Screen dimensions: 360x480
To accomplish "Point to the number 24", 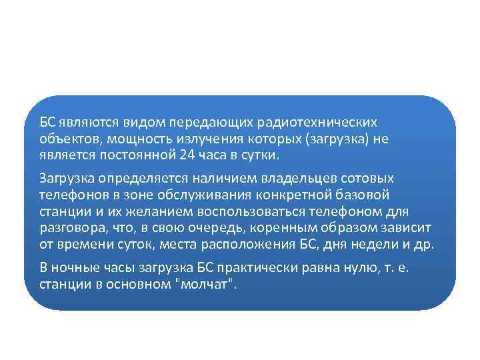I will tap(187, 156).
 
